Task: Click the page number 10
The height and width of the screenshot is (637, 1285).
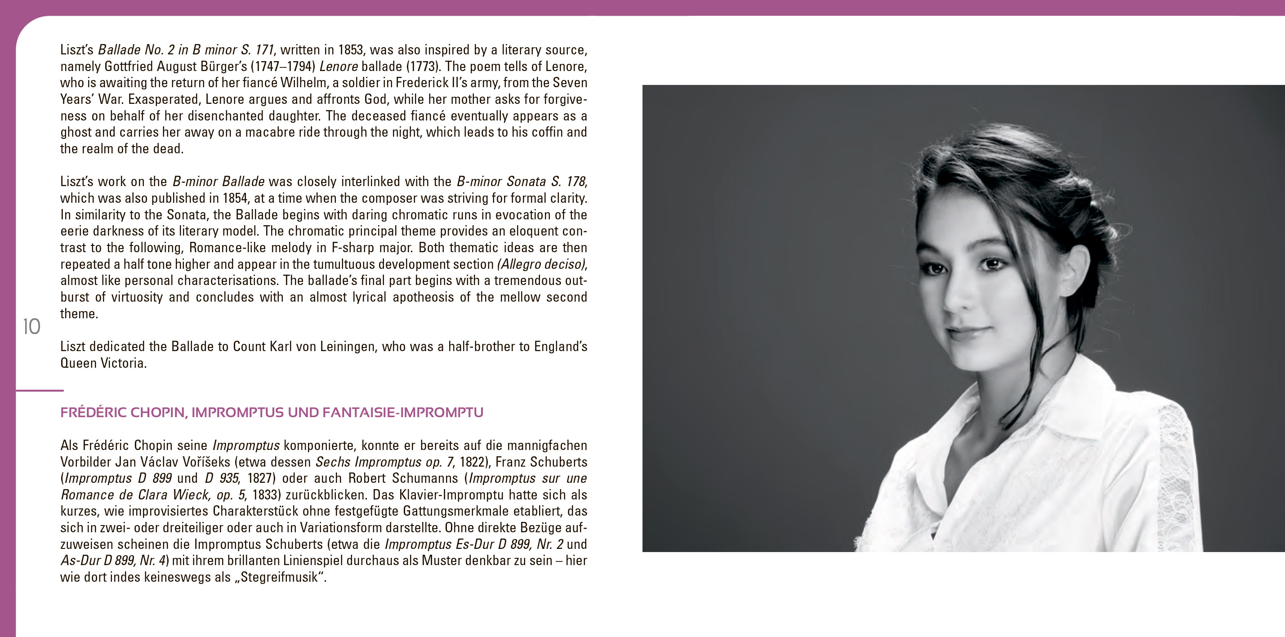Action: pos(31,327)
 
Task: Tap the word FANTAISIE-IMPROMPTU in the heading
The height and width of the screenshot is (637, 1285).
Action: pos(402,413)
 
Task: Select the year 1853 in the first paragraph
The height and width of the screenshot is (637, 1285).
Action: pos(350,50)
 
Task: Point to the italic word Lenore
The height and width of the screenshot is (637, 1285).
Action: pos(339,67)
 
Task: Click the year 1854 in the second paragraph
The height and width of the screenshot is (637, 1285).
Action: pos(235,199)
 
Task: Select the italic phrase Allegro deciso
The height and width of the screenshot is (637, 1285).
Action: pos(541,264)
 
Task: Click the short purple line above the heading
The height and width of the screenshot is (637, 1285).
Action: pos(40,391)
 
